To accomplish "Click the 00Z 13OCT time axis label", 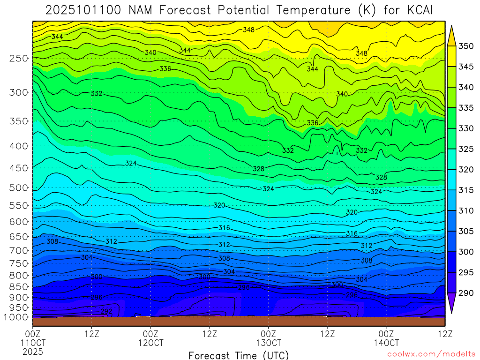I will [268, 338].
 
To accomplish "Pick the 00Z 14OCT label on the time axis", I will [386, 338].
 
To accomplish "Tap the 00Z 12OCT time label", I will [150, 338].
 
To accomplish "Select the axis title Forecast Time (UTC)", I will [239, 355].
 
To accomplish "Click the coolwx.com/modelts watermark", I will [431, 355].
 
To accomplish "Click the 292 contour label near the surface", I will [106, 311].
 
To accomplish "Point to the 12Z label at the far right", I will [444, 334].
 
